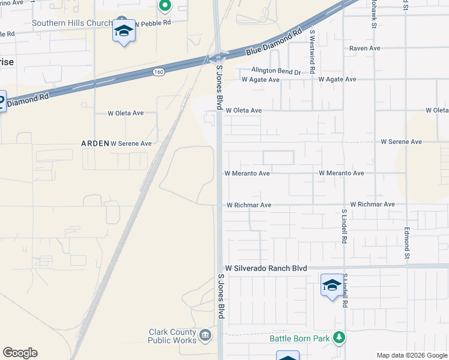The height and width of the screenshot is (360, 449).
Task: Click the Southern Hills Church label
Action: point(71,23)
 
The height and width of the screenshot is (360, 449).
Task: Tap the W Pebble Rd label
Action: point(153,22)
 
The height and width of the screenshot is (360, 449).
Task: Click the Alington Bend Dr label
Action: point(276,71)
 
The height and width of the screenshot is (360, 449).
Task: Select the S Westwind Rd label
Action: point(312,47)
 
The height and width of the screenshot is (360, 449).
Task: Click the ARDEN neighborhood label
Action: point(95,143)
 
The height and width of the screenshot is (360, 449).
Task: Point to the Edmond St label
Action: point(406,238)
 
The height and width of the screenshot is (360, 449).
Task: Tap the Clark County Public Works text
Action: point(172,336)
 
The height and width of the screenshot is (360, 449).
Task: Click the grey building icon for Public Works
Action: point(205,334)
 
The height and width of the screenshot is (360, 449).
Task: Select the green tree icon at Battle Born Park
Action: point(339,338)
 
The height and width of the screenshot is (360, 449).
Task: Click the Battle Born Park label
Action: point(300,338)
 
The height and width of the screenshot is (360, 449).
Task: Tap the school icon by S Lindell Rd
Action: point(331,286)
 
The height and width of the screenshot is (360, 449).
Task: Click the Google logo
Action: point(20,353)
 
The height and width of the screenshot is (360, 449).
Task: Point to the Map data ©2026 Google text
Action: point(412,355)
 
